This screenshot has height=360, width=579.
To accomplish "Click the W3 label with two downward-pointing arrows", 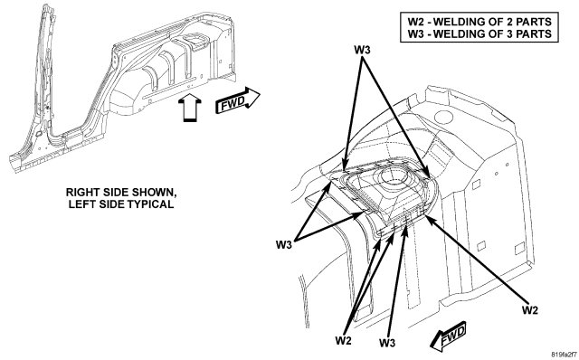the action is pyautogui.click(x=362, y=50).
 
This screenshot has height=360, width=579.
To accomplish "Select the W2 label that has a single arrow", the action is pyautogui.click(x=530, y=310).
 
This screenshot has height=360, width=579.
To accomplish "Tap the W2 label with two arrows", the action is pyautogui.click(x=344, y=340).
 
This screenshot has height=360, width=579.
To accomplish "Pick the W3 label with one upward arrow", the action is pyautogui.click(x=387, y=343).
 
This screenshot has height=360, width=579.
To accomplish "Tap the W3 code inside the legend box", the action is pyautogui.click(x=415, y=33).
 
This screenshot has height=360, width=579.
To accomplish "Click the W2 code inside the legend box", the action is pyautogui.click(x=415, y=22).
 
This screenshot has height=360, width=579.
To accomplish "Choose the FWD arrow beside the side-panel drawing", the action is pyautogui.click(x=238, y=100).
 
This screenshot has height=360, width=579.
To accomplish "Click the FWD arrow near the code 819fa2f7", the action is pyautogui.click(x=449, y=336).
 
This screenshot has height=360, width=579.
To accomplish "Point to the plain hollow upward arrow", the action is pyautogui.click(x=190, y=107).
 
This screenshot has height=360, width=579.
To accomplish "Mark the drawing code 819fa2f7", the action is pyautogui.click(x=564, y=355).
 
